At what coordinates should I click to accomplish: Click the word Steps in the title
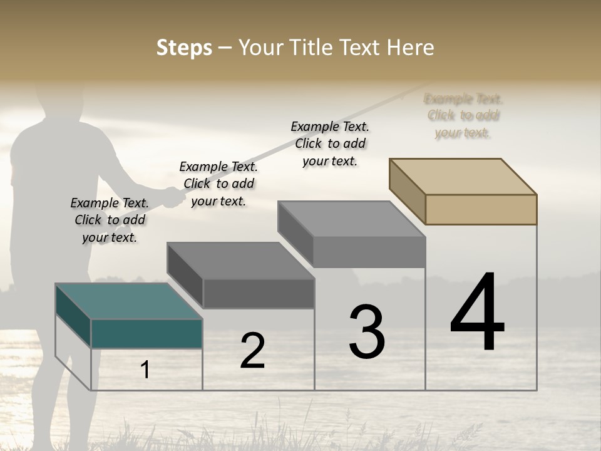184,48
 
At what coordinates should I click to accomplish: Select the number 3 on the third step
367,332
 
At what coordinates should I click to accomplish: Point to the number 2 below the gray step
252,351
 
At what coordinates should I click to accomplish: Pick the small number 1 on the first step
145,370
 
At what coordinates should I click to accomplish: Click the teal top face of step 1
128,301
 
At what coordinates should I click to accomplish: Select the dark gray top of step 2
240,261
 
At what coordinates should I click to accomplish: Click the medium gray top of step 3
352,219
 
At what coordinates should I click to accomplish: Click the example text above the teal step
110,220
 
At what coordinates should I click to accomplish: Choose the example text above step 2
218,184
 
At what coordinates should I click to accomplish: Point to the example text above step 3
330,143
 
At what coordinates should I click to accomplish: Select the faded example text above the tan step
463,115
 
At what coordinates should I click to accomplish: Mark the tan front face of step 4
481,209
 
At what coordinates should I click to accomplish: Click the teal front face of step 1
146,333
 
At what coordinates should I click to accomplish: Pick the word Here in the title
411,48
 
